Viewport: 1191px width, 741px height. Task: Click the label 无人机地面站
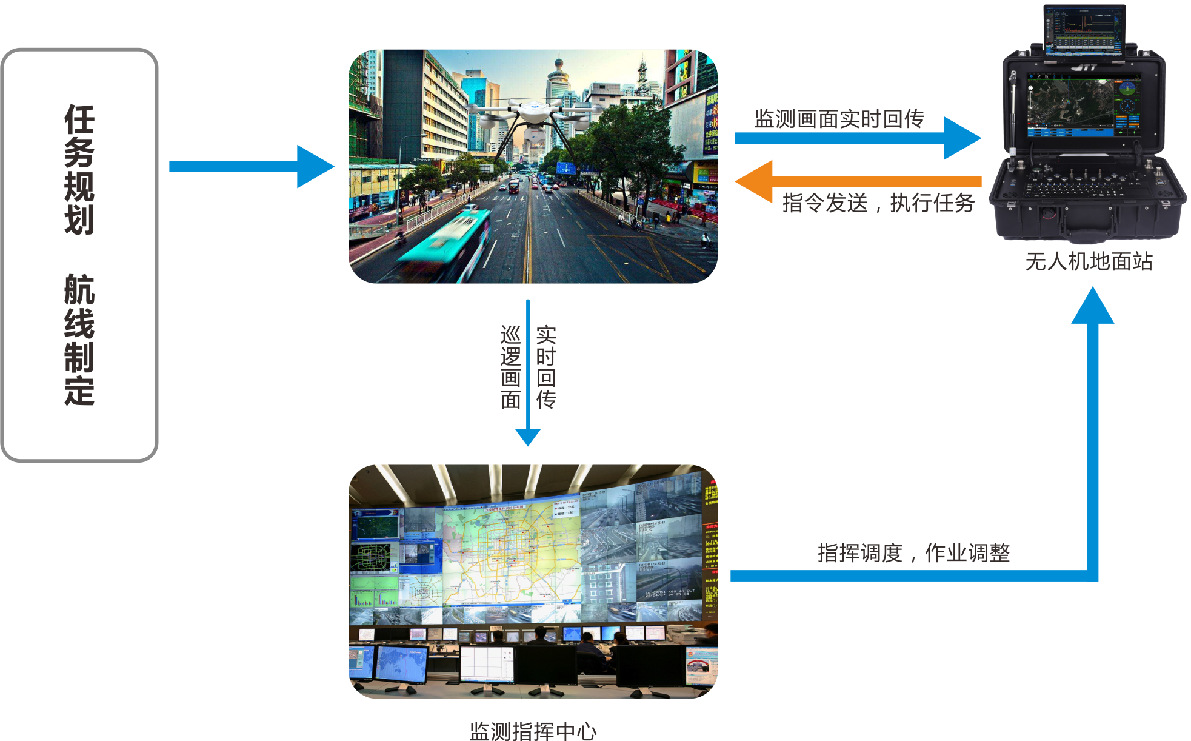(1089, 262)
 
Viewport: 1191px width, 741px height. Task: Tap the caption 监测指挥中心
(533, 731)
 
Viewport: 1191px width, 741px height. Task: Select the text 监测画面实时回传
(839, 119)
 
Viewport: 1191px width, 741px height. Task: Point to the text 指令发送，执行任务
(878, 203)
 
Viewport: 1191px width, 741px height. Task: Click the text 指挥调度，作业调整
(913, 553)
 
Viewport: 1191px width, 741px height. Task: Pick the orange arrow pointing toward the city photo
(849, 181)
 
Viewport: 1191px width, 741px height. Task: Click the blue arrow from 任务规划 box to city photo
(252, 166)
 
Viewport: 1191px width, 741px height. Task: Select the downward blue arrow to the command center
(528, 376)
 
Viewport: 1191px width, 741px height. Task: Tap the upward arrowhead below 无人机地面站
(1092, 306)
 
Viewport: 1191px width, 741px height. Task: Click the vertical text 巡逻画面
(511, 367)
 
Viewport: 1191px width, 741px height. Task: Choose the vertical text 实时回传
(545, 367)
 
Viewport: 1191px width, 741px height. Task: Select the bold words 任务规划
(79, 169)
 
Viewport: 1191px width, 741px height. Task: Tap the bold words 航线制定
(79, 340)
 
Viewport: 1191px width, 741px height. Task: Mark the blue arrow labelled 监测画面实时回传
(855, 138)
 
